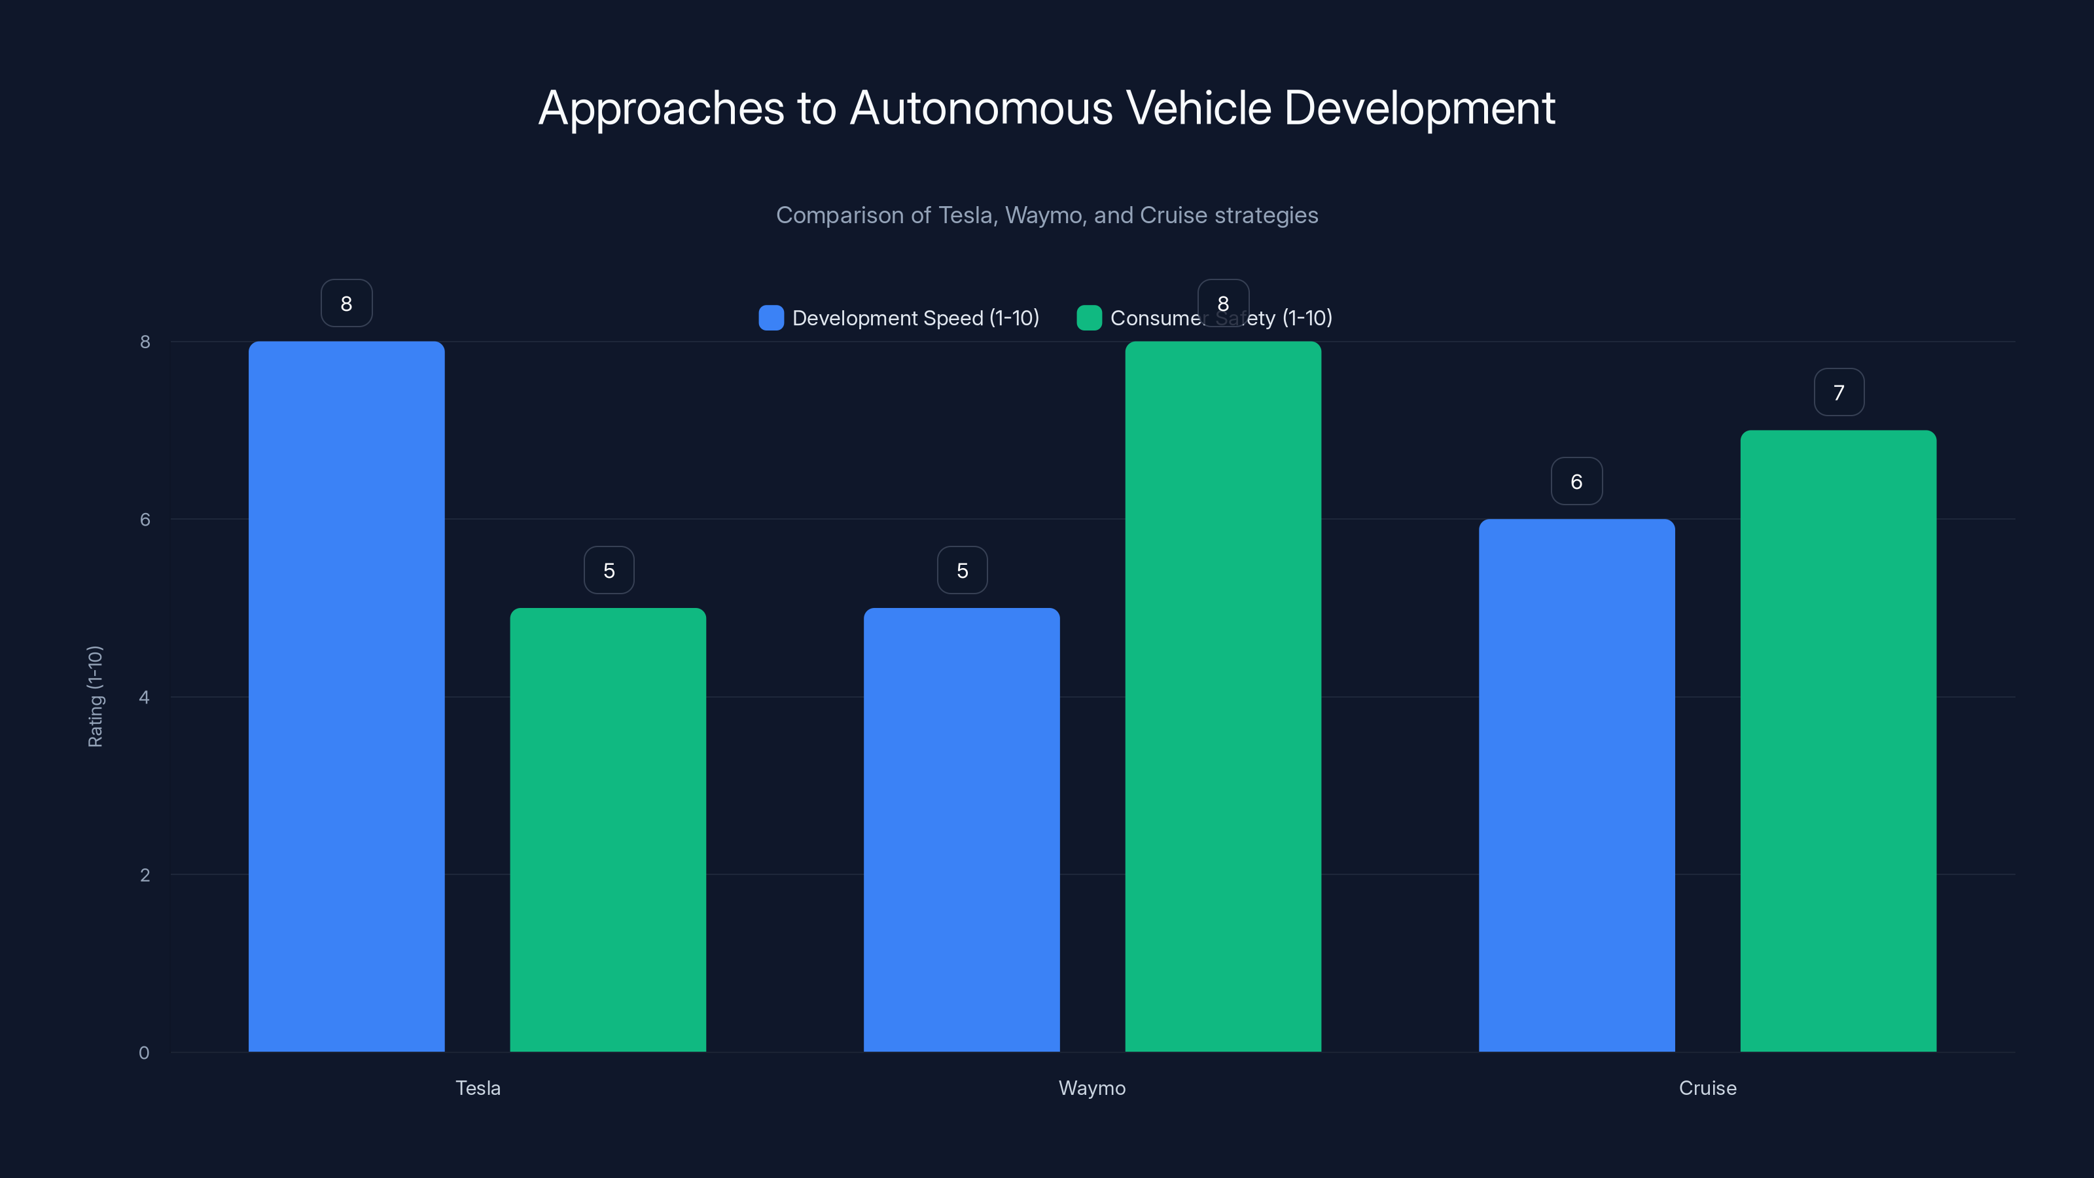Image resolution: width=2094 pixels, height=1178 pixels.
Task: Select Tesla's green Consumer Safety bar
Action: pos(608,829)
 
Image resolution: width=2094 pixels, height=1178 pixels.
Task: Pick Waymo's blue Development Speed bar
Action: pos(962,829)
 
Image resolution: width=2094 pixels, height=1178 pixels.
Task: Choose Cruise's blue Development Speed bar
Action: pos(1576,785)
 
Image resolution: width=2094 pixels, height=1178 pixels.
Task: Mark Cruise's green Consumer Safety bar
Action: pos(1838,741)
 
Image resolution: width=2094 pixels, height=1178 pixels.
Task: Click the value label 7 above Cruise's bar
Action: pos(1839,393)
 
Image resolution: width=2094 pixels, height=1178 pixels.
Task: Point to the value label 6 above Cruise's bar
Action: pos(1576,481)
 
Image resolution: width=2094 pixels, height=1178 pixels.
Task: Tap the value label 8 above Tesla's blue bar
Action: pos(346,303)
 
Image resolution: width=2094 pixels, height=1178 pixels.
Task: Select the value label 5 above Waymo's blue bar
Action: pos(962,571)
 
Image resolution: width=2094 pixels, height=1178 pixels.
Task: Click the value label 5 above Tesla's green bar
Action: pos(609,571)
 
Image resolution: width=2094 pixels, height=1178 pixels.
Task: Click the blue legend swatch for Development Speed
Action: pos(771,318)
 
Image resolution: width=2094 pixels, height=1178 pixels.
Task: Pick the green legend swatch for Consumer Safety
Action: pos(1088,318)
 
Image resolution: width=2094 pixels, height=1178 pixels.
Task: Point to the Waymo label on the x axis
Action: pos(1091,1088)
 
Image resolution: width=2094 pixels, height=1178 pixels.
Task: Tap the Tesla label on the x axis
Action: pos(478,1088)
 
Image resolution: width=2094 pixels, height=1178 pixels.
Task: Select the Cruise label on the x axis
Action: pos(1707,1088)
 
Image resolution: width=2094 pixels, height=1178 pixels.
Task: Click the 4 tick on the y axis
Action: pos(145,697)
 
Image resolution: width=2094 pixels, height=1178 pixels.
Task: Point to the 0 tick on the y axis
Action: pos(144,1053)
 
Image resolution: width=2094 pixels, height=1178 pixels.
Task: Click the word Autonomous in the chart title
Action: pos(980,108)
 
